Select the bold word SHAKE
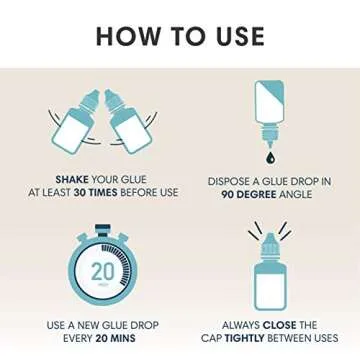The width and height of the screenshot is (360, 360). coord(72,180)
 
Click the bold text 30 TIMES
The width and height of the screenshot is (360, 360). coord(96,193)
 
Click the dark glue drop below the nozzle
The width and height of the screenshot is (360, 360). coord(268,158)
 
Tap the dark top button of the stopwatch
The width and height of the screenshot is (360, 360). coord(103,229)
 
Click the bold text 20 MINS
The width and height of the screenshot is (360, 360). coord(115,338)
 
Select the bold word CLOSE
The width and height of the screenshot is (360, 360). coord(279,325)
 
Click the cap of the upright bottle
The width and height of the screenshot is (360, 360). coord(269,246)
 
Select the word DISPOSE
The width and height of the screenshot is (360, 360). coord(225,181)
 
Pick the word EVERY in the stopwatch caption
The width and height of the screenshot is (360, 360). coord(78,338)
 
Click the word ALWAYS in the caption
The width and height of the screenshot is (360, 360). coord(241,325)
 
